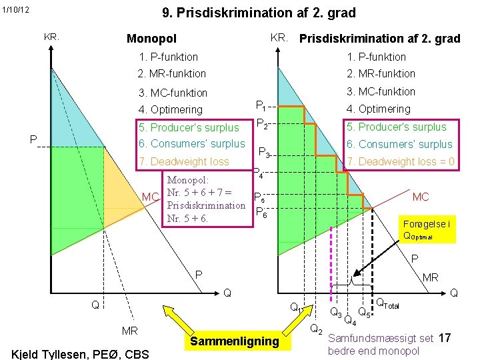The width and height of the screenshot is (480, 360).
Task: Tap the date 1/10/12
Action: click(15, 9)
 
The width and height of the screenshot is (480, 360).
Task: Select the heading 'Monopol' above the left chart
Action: click(151, 39)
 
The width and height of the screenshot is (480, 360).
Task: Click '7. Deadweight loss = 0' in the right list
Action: click(400, 161)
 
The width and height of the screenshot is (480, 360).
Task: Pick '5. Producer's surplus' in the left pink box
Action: click(188, 127)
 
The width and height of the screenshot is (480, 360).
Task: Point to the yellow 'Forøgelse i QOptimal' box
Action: click(426, 229)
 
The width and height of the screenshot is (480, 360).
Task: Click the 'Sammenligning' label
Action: click(234, 341)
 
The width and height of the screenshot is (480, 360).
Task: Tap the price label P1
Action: click(261, 105)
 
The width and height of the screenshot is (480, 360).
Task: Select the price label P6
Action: click(262, 213)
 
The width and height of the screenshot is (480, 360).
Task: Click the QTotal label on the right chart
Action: click(388, 304)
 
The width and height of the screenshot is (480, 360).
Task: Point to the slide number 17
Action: click(445, 338)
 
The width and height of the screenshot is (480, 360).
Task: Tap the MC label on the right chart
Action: click(421, 197)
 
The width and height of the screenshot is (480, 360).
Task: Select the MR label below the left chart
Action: click(129, 331)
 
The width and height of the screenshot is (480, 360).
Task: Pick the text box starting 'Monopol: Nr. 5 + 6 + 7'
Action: click(205, 199)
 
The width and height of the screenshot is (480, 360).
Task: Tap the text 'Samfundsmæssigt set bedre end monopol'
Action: click(381, 345)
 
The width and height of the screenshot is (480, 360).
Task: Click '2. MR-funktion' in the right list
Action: click(380, 74)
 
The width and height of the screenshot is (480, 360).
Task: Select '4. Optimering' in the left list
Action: click(170, 110)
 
